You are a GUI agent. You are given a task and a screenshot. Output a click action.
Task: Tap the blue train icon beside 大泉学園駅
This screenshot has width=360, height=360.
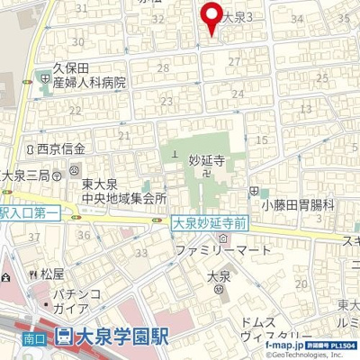click(x=64, y=338)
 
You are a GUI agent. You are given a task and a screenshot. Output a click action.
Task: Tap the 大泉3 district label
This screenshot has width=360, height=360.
click(x=242, y=16)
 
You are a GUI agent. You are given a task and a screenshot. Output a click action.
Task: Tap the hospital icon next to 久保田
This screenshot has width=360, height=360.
click(x=45, y=78)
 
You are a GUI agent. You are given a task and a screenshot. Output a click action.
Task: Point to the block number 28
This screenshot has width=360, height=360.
click(x=163, y=68)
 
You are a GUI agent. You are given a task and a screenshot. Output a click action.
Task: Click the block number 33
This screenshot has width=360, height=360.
click(x=141, y=253)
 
